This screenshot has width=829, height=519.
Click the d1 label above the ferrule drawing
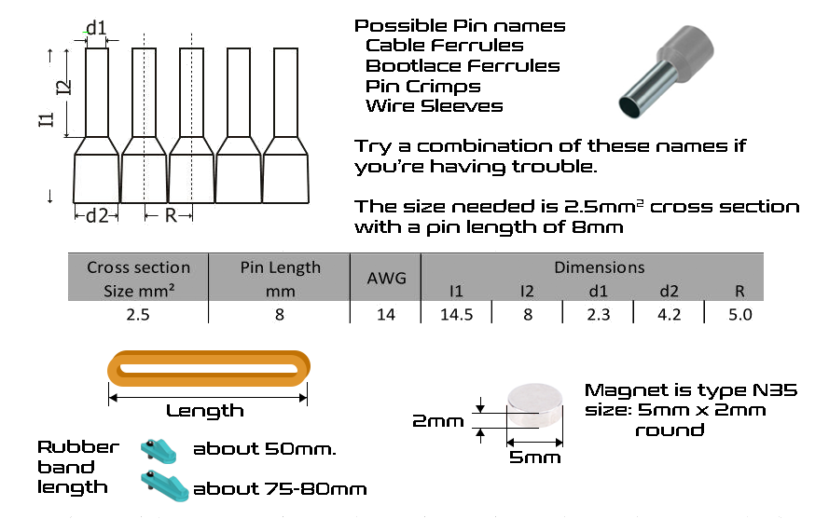(x=96, y=27)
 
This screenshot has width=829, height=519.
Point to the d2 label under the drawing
(x=97, y=215)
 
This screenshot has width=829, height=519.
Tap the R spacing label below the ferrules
(x=171, y=215)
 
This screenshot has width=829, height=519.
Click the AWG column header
(x=386, y=278)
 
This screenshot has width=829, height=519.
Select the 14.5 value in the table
(x=456, y=314)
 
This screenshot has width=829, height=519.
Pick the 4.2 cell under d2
(x=669, y=314)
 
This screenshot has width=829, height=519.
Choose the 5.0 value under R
(x=739, y=314)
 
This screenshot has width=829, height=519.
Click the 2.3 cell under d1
(x=598, y=314)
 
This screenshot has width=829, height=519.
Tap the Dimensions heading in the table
(x=599, y=267)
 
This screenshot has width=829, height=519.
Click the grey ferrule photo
(x=666, y=71)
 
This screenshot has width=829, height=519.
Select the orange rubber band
(x=208, y=368)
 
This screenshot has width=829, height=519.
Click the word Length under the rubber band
(x=205, y=411)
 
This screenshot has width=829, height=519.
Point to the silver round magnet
(x=534, y=404)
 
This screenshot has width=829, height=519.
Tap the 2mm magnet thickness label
(x=437, y=421)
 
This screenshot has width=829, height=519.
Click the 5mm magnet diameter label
(x=534, y=458)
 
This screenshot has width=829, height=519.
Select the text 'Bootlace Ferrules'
(x=463, y=66)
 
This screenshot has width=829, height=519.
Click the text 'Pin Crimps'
(x=423, y=86)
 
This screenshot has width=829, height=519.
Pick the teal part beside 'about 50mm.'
(x=159, y=451)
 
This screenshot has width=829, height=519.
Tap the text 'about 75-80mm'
(x=280, y=489)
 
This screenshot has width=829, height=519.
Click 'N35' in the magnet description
(x=775, y=390)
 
